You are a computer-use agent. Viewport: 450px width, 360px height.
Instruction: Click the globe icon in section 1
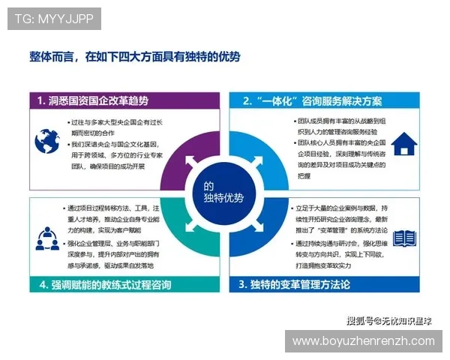pyautogui.click(x=46, y=139)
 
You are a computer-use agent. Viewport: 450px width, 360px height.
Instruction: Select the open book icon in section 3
pyautogui.click(x=404, y=238)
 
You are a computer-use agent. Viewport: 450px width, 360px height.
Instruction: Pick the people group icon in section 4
pyautogui.click(x=46, y=238)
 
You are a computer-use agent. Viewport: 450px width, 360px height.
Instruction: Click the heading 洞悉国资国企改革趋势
pyautogui.click(x=98, y=100)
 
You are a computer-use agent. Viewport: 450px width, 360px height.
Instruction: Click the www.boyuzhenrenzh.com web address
pyautogui.click(x=363, y=341)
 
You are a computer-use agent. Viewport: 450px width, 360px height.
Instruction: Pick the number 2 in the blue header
pyautogui.click(x=247, y=100)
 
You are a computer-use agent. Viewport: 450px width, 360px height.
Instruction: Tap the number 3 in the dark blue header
pyautogui.click(x=242, y=284)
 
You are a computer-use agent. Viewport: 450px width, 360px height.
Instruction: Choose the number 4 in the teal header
pyautogui.click(x=43, y=284)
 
